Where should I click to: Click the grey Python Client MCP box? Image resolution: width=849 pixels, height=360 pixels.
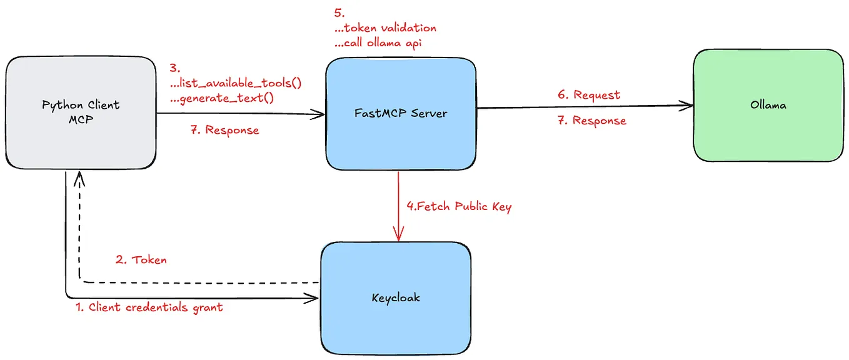coord(81,112)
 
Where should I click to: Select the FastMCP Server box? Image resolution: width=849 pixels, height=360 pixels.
coord(400,113)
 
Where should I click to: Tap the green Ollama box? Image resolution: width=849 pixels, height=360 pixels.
coord(768,105)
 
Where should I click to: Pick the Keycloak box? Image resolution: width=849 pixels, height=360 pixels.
coord(395,297)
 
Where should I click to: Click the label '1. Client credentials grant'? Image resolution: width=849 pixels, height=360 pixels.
coord(149,307)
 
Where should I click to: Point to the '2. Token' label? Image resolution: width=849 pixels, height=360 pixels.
coord(141,259)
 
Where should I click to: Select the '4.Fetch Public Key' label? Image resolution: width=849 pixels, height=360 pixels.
coord(459,207)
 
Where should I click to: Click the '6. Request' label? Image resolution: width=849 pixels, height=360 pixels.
coord(589,95)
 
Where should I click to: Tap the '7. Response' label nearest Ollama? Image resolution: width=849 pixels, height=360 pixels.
coord(591,121)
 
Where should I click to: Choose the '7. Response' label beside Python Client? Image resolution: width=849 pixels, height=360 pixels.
coord(224,131)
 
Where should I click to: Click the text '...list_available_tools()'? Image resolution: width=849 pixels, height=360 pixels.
coord(236,83)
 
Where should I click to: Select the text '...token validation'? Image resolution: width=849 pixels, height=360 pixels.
coord(386,28)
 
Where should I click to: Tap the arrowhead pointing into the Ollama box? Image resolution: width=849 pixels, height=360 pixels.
coord(688,106)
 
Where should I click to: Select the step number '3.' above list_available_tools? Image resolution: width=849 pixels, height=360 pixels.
coord(174,67)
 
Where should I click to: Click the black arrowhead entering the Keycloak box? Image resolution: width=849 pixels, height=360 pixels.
coord(313,299)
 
